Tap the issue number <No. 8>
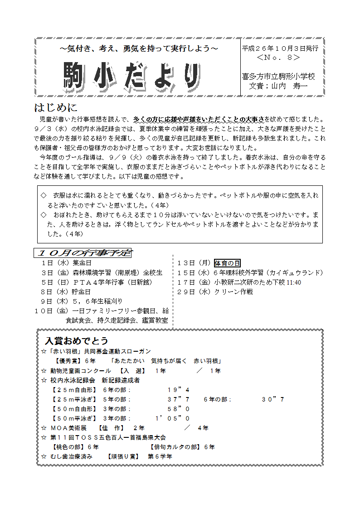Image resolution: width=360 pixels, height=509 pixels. click(x=278, y=58)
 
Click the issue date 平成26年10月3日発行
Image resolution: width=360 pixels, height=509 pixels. click(x=280, y=48)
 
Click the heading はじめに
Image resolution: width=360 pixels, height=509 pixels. click(x=56, y=108)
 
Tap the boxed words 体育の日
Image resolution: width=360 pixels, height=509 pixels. click(x=227, y=263)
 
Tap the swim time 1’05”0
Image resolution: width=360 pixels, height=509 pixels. click(x=173, y=418)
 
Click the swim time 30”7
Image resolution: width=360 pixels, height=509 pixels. click(x=273, y=399)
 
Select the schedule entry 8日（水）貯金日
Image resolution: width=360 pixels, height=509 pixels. click(x=66, y=292)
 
